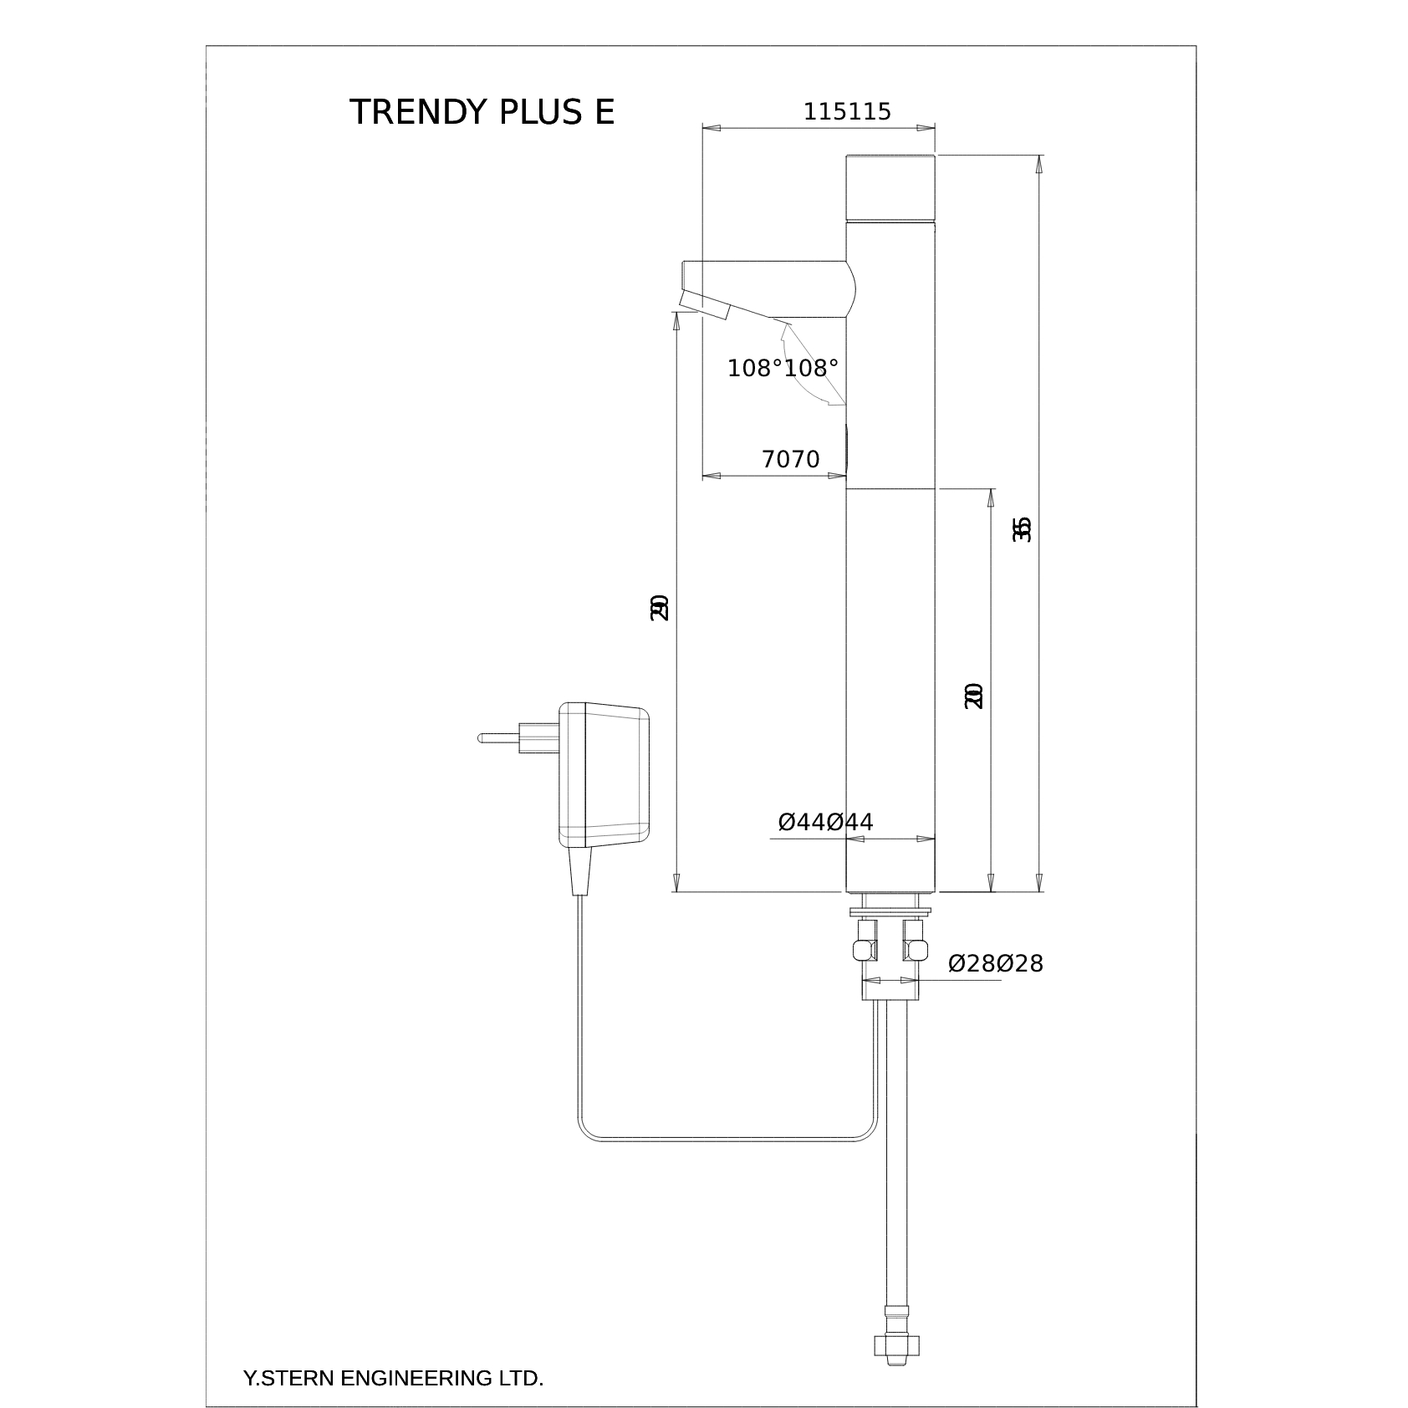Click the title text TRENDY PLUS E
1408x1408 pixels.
(x=482, y=112)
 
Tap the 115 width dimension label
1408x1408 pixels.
(x=847, y=112)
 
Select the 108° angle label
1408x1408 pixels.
(x=783, y=368)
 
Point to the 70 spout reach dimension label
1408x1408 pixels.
(x=790, y=459)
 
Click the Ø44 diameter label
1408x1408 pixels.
(x=825, y=823)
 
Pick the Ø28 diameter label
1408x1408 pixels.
(x=995, y=964)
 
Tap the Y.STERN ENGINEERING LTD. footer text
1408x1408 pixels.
(x=393, y=1379)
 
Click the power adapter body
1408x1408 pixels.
(x=605, y=774)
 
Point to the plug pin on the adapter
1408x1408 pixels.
(x=499, y=738)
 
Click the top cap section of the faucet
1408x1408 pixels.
(x=890, y=188)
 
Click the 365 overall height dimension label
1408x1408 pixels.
(x=1022, y=529)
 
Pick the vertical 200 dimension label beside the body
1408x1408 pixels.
(x=973, y=696)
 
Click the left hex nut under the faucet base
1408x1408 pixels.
(x=865, y=948)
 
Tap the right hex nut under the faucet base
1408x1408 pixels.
(x=914, y=948)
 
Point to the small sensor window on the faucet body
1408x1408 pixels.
(x=848, y=448)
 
